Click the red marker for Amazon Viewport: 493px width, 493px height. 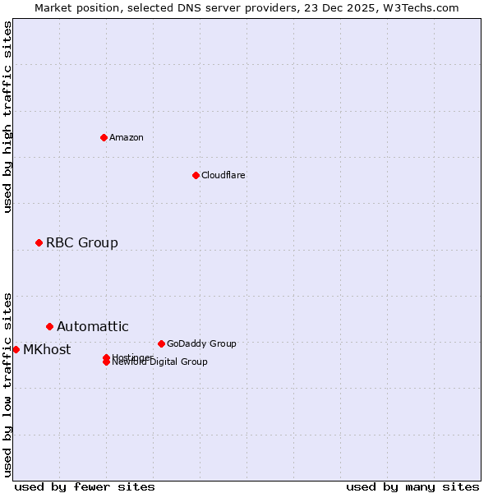(104, 137)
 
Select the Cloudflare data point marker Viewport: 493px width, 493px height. (196, 175)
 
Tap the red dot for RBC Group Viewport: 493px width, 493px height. (39, 242)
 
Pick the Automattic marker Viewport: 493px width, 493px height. (49, 326)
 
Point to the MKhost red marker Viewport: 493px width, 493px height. (16, 349)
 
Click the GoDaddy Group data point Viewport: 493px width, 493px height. (161, 343)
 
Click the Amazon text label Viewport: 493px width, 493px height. (127, 137)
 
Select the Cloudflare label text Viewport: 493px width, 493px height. (223, 175)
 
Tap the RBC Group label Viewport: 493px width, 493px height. (82, 242)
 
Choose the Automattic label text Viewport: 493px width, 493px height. (93, 326)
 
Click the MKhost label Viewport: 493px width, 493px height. (47, 349)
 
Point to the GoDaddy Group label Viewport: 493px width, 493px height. (201, 343)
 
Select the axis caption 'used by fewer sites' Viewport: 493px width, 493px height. (85, 486)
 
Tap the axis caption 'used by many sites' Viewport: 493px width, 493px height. (412, 486)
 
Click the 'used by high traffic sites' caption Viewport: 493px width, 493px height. (7, 117)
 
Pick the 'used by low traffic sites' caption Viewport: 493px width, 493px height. (7, 384)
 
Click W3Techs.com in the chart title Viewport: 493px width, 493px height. (423, 7)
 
